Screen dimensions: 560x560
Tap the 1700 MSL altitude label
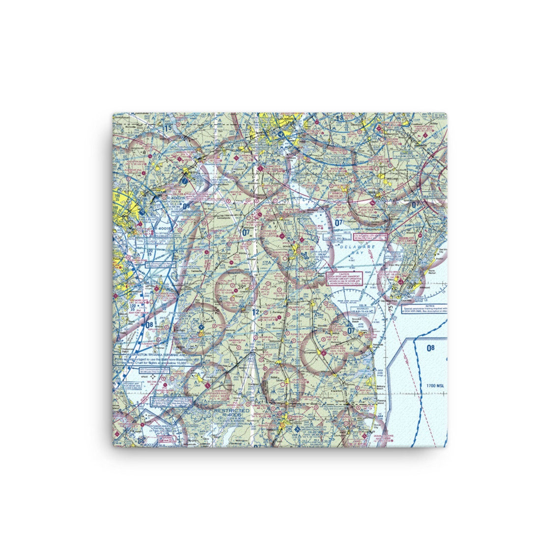432,386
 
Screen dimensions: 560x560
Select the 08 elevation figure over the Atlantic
431,348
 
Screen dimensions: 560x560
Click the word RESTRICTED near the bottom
231,410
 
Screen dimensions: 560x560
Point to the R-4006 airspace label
231,415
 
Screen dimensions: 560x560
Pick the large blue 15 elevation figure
168,129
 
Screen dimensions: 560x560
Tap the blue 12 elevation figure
254,312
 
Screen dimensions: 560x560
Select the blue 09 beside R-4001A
172,207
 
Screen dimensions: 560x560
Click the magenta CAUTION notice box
343,278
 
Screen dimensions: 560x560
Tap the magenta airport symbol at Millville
373,202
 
